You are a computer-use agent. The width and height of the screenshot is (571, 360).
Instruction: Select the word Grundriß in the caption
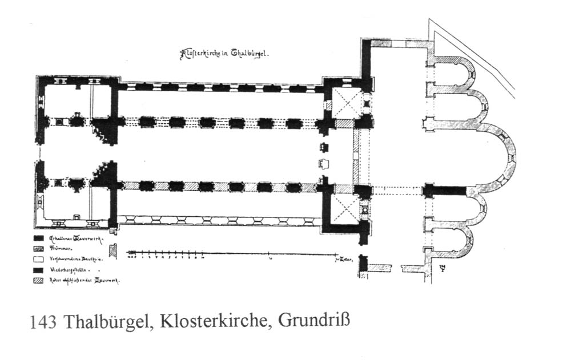click(x=313, y=321)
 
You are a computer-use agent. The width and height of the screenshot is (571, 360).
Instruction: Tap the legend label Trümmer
click(x=59, y=248)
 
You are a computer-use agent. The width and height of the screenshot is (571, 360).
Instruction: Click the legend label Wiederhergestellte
click(x=67, y=269)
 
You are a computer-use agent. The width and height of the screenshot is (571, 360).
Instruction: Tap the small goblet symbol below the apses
click(x=441, y=267)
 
